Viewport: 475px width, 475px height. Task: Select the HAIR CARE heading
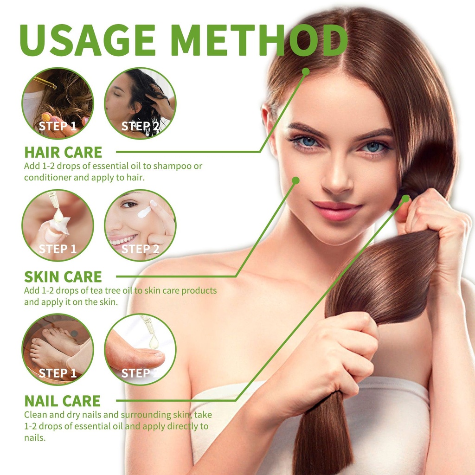(x=63, y=152)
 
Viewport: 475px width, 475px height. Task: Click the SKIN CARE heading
(x=63, y=276)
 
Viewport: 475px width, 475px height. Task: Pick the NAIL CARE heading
(x=63, y=401)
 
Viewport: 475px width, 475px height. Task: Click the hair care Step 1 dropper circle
(x=58, y=103)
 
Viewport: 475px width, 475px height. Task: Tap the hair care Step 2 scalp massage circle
(x=140, y=103)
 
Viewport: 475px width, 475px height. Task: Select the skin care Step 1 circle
(x=58, y=225)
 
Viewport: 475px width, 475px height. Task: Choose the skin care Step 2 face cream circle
(x=140, y=225)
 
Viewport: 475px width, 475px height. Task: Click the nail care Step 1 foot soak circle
(x=58, y=350)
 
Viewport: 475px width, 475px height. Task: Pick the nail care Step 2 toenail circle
(x=140, y=350)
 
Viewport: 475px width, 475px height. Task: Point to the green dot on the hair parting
(x=306, y=72)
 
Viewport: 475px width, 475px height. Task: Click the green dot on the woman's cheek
(x=295, y=181)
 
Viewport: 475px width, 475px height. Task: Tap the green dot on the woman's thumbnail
(x=405, y=199)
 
